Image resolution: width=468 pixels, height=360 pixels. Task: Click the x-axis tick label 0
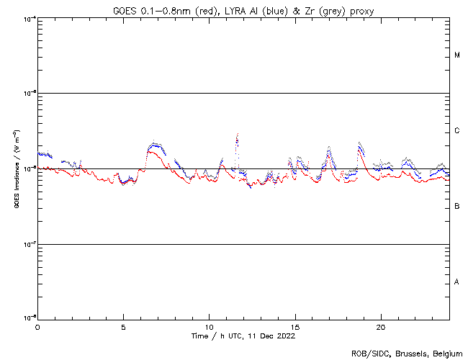[x=37, y=326]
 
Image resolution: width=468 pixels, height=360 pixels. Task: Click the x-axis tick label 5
[x=123, y=326]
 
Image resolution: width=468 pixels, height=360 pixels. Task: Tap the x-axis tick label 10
[x=209, y=326]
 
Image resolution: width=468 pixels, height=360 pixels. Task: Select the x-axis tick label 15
[x=294, y=326]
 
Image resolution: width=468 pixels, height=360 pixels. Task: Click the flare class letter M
[x=457, y=55]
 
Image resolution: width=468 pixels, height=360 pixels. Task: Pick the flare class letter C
[x=457, y=131]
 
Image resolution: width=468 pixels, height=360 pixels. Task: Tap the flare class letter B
[x=457, y=207]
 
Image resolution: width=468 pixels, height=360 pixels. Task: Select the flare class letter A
[x=457, y=282]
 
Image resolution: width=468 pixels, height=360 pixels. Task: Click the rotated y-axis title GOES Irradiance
[x=15, y=168]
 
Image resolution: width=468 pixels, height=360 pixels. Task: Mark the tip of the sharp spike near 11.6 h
[x=237, y=134]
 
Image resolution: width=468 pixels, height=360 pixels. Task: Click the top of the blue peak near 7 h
[x=154, y=143]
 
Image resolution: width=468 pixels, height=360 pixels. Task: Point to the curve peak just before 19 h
[x=359, y=143]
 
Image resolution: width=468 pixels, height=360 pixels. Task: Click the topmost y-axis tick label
[x=27, y=18]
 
